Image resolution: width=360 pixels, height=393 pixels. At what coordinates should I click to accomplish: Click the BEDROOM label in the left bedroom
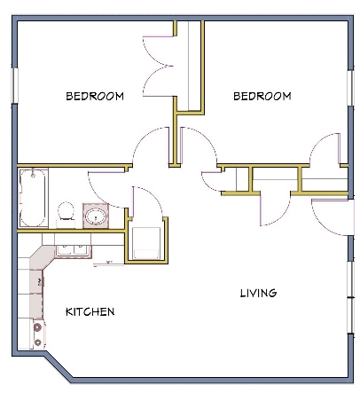click(94, 96)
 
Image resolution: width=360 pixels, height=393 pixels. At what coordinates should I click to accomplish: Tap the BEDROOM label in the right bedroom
click(262, 96)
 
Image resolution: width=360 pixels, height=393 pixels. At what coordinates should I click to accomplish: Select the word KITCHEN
click(90, 312)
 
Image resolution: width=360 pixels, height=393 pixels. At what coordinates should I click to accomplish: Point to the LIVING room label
click(258, 293)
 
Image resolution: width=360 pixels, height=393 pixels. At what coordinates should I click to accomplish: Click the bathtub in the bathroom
click(31, 198)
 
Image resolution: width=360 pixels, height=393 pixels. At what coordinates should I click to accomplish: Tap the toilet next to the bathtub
click(65, 211)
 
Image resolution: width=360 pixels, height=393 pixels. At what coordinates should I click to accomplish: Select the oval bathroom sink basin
click(95, 216)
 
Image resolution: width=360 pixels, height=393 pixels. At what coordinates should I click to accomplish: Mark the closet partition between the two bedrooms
click(189, 67)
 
